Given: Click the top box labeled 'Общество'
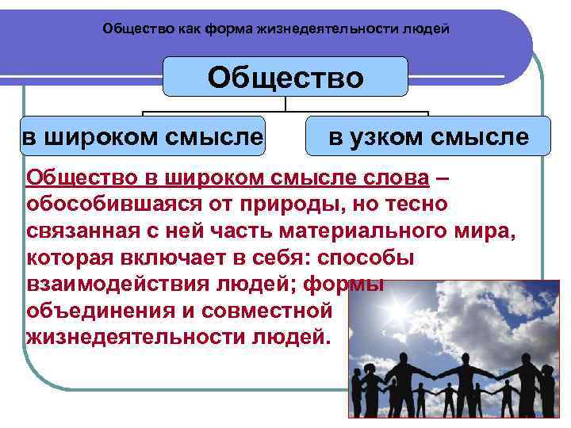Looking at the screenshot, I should (x=285, y=78).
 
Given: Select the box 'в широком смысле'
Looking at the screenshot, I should (x=142, y=136).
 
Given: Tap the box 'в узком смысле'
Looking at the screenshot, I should (x=428, y=136).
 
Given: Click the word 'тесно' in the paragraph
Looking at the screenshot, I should (x=416, y=204).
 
